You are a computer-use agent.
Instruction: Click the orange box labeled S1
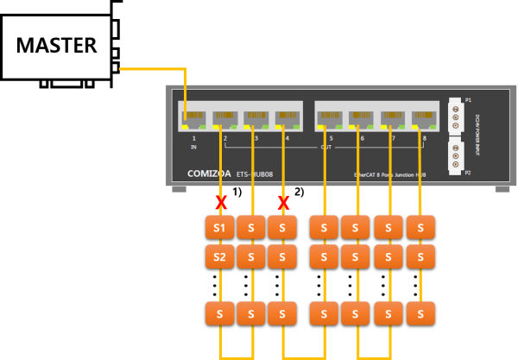(x=220, y=227)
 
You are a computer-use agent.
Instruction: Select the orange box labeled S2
(x=220, y=256)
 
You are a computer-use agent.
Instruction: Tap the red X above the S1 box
(x=221, y=203)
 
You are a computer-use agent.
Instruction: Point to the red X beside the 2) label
(x=282, y=203)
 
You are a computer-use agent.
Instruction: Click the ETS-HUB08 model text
(x=254, y=174)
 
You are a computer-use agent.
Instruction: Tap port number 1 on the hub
(x=194, y=138)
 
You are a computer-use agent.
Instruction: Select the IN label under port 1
(x=194, y=148)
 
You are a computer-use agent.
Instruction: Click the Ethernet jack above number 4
(x=287, y=117)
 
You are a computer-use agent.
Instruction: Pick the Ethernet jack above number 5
(x=331, y=117)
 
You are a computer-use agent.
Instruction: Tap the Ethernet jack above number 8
(x=424, y=117)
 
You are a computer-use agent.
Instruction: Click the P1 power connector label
(x=468, y=100)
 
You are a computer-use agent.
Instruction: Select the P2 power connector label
(x=468, y=173)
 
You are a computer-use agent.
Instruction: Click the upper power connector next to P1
(x=456, y=114)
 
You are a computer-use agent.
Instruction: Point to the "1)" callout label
(x=237, y=191)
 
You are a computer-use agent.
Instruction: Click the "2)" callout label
(x=299, y=191)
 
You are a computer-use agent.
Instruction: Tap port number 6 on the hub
(x=362, y=138)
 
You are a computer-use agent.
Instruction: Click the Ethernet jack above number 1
(x=194, y=117)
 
